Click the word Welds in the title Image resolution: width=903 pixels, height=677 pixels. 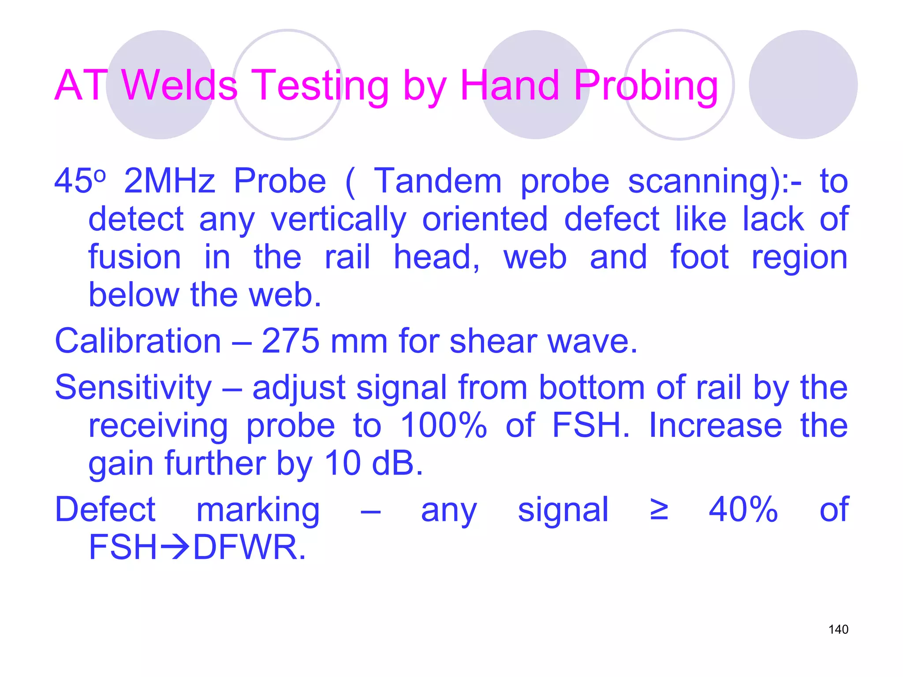pyautogui.click(x=179, y=85)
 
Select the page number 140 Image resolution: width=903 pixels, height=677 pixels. pyautogui.click(x=838, y=629)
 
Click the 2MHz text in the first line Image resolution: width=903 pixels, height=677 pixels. pyautogui.click(x=169, y=181)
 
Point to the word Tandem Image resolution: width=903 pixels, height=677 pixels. pyautogui.click(x=437, y=181)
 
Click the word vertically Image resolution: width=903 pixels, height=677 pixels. pyautogui.click(x=338, y=219)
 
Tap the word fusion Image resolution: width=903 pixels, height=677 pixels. pyautogui.click(x=135, y=257)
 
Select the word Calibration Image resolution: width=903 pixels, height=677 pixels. pyautogui.click(x=138, y=341)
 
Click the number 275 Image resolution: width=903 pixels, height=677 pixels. pyautogui.click(x=291, y=341)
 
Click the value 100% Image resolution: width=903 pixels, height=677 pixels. pyautogui.click(x=443, y=426)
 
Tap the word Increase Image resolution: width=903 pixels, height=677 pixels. pyautogui.click(x=715, y=426)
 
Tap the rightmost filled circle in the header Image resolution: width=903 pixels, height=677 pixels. pyautogui.click(x=803, y=85)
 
